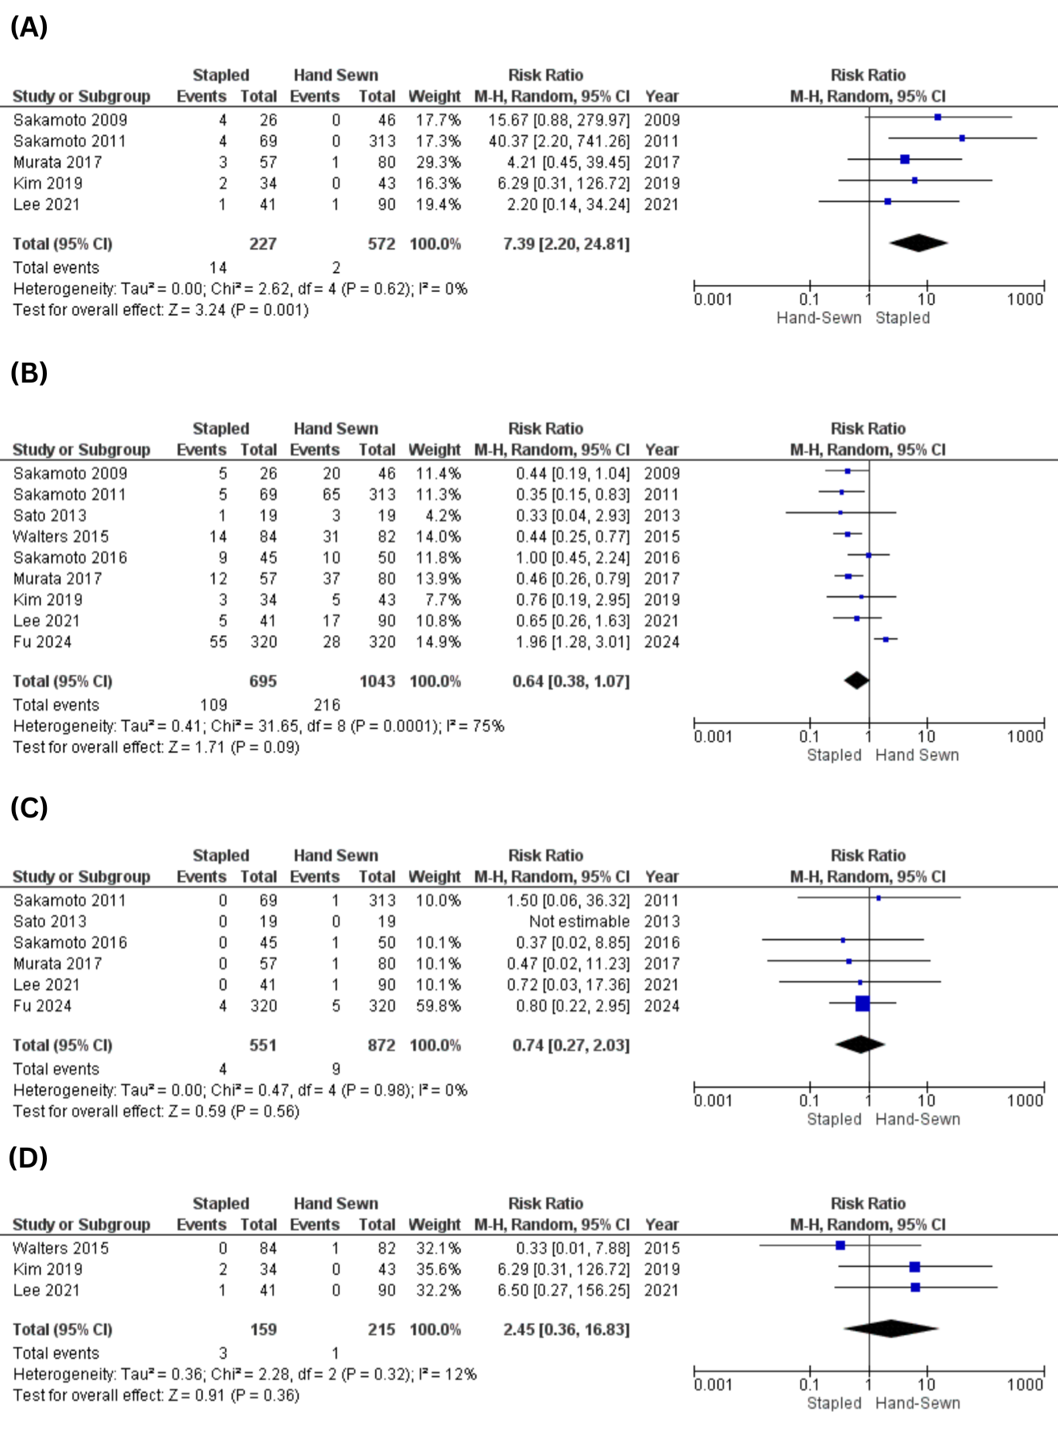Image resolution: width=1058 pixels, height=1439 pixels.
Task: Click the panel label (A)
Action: click(29, 27)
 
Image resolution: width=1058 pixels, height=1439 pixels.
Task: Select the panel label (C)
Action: click(29, 807)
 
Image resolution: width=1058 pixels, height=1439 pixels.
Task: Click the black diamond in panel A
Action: click(918, 243)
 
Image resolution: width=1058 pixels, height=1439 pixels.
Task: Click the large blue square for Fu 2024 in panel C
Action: click(863, 1004)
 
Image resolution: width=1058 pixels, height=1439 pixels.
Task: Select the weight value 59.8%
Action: click(438, 1006)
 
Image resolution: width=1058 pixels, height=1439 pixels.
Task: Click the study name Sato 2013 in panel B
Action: click(50, 515)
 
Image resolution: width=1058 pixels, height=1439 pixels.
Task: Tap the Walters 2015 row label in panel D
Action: click(61, 1248)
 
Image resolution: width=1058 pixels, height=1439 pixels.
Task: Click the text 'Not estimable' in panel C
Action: click(579, 921)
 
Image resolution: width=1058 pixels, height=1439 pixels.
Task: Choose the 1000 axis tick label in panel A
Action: click(1025, 299)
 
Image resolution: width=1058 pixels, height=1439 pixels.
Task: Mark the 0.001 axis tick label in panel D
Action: click(713, 1384)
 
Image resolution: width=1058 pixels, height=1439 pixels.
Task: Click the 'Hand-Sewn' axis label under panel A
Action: click(819, 317)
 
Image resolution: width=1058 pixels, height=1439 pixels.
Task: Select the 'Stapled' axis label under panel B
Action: click(834, 755)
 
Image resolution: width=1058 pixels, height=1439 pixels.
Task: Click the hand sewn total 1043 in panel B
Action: click(377, 681)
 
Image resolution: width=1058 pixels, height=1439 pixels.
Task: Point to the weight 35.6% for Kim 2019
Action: click(438, 1269)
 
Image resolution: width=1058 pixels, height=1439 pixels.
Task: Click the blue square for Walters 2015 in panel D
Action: click(841, 1245)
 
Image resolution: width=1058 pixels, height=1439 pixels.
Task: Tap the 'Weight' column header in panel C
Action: click(434, 877)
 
